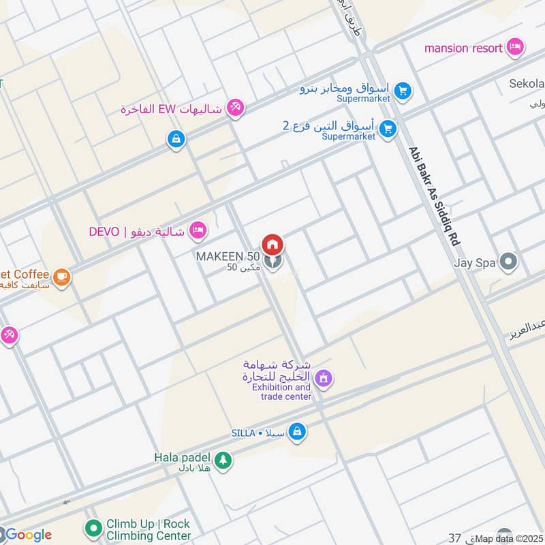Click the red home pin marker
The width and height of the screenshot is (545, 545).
[272, 244]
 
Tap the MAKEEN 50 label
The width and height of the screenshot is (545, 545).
[228, 257]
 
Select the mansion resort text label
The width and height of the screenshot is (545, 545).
[463, 48]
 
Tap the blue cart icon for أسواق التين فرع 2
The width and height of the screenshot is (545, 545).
[388, 128]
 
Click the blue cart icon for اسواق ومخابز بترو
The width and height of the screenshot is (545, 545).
[403, 90]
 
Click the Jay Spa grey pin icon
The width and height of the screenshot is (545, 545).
[508, 261]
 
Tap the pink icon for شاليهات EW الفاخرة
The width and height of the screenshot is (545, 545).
[235, 108]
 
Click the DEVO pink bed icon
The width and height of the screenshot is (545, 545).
[198, 230]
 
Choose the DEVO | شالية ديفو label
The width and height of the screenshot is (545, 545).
[137, 231]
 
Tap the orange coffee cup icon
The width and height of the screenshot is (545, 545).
[62, 277]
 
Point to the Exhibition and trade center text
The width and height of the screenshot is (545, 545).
[281, 392]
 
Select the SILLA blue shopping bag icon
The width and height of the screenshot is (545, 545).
[296, 431]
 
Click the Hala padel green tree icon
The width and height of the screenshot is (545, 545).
[223, 461]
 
